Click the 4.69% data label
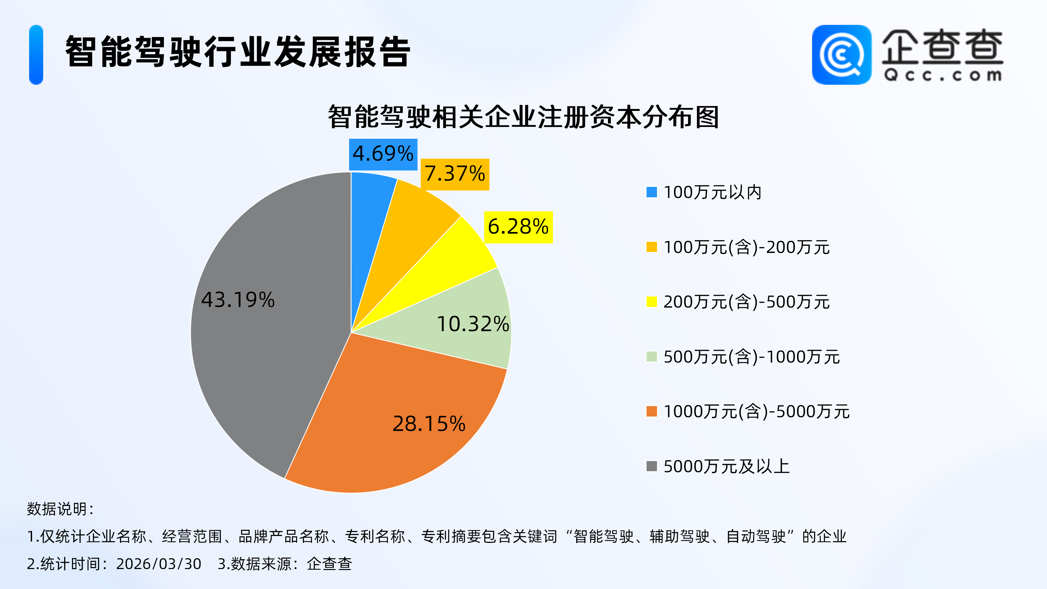click(383, 154)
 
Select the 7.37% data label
click(455, 174)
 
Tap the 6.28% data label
click(518, 227)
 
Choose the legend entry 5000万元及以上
click(726, 466)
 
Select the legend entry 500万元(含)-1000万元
click(752, 357)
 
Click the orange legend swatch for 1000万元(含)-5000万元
click(651, 411)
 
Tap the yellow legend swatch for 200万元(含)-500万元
click(651, 302)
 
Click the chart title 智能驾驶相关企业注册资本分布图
click(523, 117)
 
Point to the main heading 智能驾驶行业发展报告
click(238, 52)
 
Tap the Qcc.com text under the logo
click(943, 75)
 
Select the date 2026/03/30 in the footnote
click(158, 564)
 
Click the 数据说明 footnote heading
click(60, 509)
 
